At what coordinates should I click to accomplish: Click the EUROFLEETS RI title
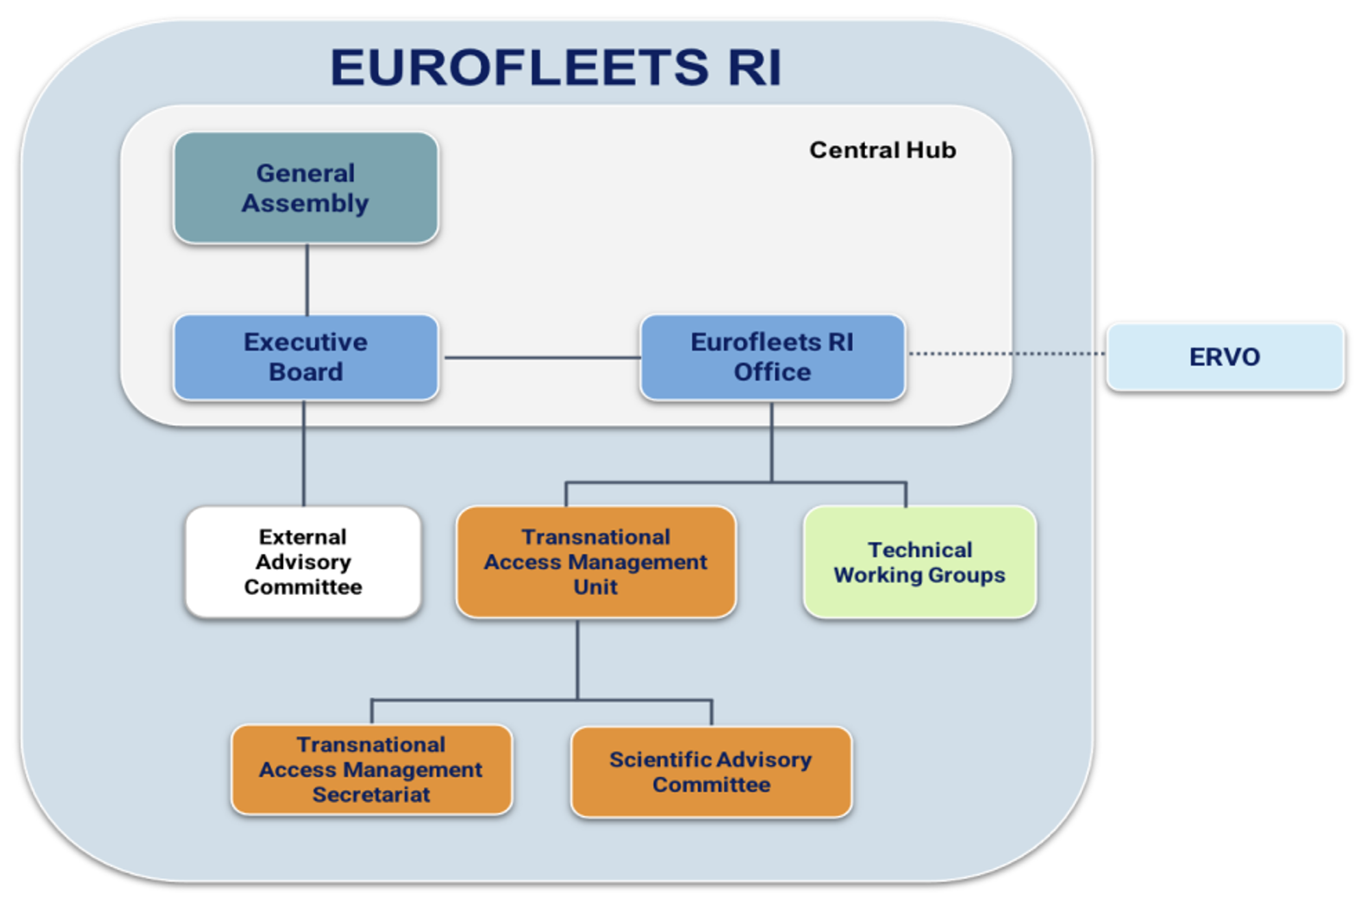[x=555, y=68]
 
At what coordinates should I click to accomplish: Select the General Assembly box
[x=305, y=188]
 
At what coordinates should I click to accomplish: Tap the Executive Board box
[x=305, y=357]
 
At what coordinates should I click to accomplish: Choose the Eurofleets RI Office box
[x=772, y=357]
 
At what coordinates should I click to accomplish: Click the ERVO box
[x=1225, y=357]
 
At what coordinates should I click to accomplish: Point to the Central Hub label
[x=882, y=150]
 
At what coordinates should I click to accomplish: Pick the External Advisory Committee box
[x=303, y=561]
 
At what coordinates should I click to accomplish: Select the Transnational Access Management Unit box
[x=595, y=561]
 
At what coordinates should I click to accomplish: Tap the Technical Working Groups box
[x=919, y=562]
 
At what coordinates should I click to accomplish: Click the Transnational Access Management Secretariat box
[x=371, y=769]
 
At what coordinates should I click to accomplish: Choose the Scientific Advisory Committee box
[x=711, y=772]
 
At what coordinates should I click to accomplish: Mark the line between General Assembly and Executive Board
[x=307, y=279]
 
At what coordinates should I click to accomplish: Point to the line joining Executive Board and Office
[x=541, y=357]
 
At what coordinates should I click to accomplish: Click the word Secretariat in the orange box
[x=371, y=795]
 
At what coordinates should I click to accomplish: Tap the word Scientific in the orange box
[x=658, y=759]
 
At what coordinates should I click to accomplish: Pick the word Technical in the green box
[x=919, y=550]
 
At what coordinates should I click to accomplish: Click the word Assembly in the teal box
[x=305, y=203]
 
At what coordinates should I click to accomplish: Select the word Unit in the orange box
[x=595, y=587]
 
